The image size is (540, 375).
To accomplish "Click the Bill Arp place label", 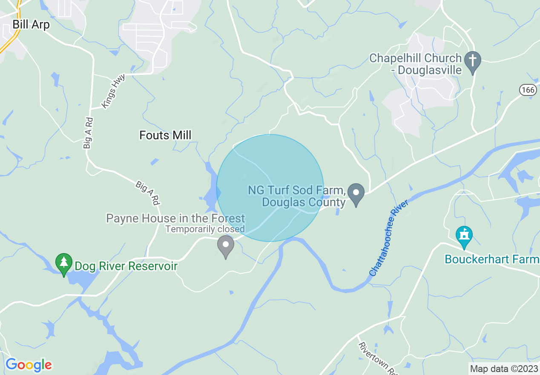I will pos(31,25).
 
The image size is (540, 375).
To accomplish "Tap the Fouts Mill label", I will pos(165,136).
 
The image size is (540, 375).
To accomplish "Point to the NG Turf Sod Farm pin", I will pos(356,193).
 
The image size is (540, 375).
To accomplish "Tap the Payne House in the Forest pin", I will pos(226,246).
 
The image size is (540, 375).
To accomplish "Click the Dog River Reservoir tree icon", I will pos(64,264).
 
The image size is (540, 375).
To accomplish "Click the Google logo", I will pos(29,365).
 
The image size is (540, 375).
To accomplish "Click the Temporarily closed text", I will pos(205,229).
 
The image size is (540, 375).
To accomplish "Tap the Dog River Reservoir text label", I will pos(126,266).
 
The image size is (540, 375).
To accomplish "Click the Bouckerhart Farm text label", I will pos(492,259).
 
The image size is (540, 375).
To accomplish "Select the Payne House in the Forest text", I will pos(175,219).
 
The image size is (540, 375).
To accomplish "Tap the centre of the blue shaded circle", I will pos(270,188).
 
